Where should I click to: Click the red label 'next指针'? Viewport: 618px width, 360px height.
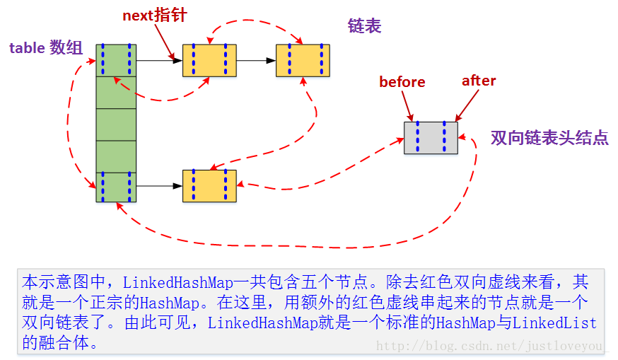154,15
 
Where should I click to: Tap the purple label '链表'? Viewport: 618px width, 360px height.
364,26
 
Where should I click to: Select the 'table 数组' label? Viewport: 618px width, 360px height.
45,48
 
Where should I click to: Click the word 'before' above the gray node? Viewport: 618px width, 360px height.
402,82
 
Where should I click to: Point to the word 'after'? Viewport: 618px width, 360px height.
479,81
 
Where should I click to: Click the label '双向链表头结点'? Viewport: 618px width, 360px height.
549,138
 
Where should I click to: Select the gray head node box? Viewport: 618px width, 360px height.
431,137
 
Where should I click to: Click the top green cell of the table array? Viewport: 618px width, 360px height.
116,60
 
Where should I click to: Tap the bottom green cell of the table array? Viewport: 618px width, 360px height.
116,187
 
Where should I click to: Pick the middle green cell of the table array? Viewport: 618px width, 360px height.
116,124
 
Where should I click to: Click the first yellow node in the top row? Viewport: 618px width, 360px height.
209,60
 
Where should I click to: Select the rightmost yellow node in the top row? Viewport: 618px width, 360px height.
303,60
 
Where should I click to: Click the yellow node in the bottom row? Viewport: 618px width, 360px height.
209,186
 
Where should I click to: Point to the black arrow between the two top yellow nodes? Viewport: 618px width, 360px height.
256,61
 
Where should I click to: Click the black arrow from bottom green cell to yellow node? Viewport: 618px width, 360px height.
159,187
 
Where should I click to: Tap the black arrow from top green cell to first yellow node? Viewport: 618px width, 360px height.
159,61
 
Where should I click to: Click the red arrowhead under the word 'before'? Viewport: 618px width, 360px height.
410,117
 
